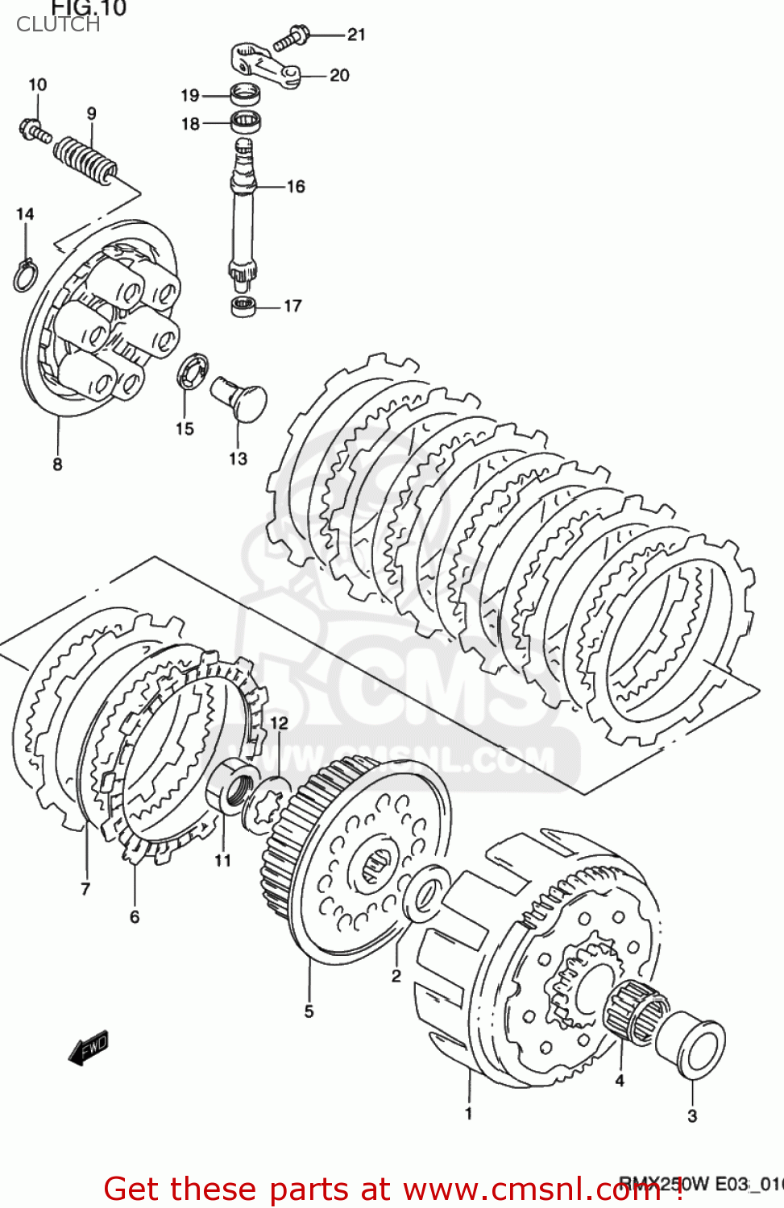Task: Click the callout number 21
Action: click(x=356, y=35)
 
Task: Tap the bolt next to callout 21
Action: click(x=292, y=38)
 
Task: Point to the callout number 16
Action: click(x=296, y=187)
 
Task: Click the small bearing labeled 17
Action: click(x=243, y=306)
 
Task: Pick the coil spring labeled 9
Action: click(x=85, y=158)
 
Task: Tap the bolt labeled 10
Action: click(x=34, y=130)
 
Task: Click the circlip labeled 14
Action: click(x=24, y=274)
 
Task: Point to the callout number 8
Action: click(x=57, y=464)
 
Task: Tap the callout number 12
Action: click(x=279, y=723)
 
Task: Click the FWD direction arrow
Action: click(x=88, y=1048)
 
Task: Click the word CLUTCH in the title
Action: click(x=58, y=24)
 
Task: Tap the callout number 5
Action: click(x=309, y=1011)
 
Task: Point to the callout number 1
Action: click(x=468, y=1114)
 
